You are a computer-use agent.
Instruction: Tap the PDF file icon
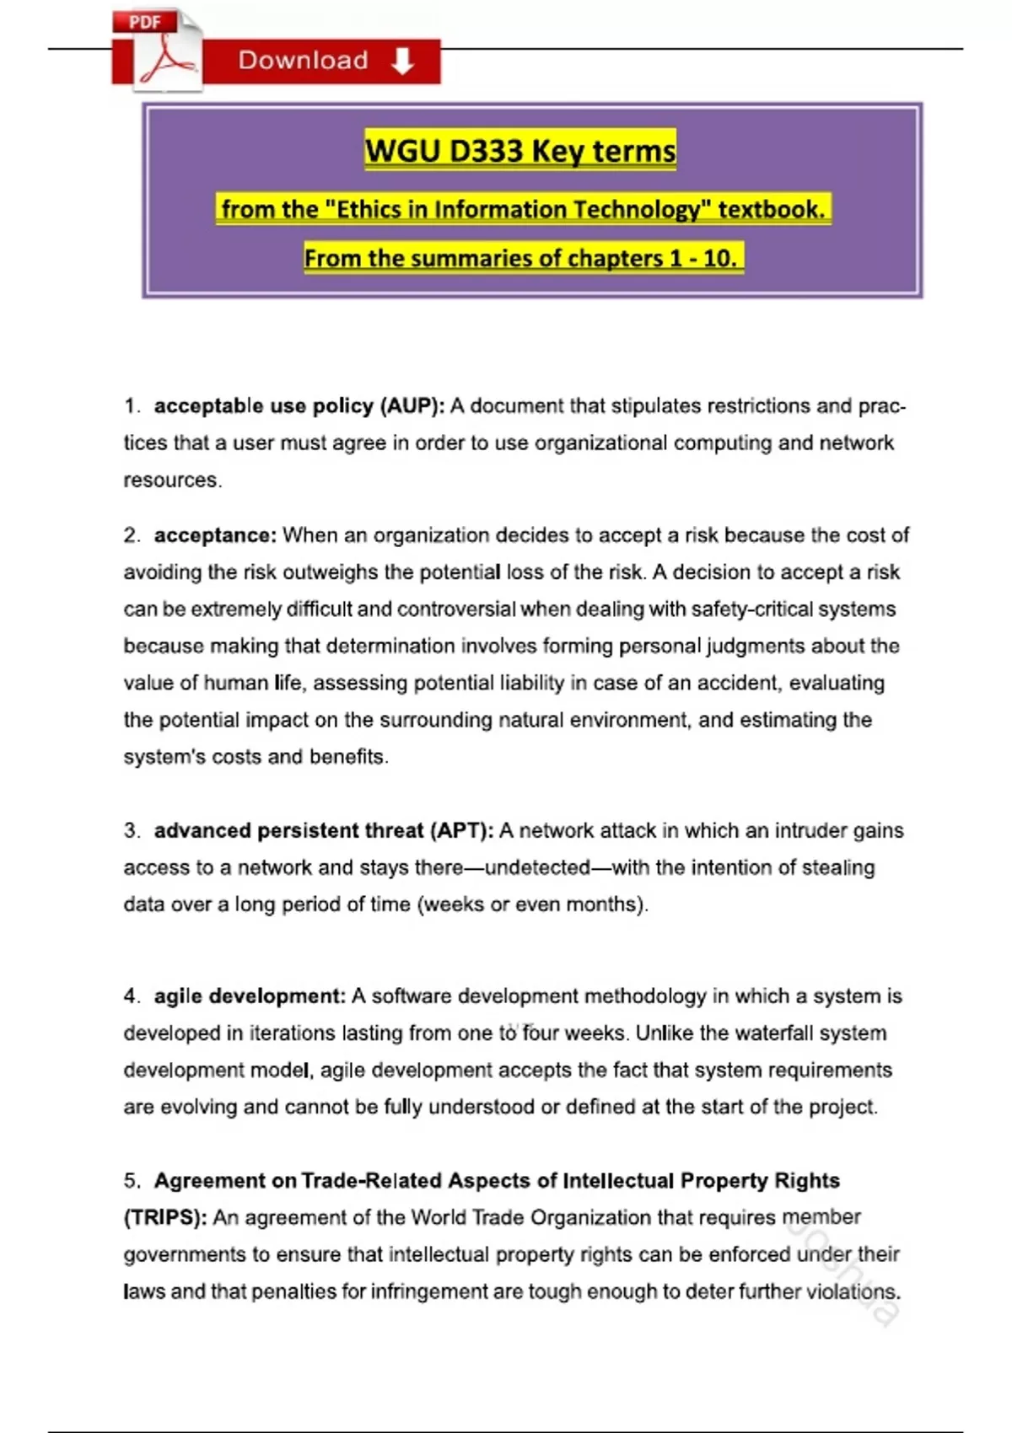coord(159,51)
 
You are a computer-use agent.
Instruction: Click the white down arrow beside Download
coord(402,61)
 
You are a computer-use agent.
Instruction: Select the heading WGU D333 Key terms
coord(520,151)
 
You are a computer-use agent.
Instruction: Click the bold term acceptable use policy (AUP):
coord(299,406)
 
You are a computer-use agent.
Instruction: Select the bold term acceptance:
coord(214,535)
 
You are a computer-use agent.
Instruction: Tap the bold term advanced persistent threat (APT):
coord(324,831)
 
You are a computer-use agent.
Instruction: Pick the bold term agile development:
coord(250,996)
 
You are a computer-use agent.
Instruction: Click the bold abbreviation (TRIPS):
coord(165,1218)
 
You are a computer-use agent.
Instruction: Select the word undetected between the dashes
coord(537,868)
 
